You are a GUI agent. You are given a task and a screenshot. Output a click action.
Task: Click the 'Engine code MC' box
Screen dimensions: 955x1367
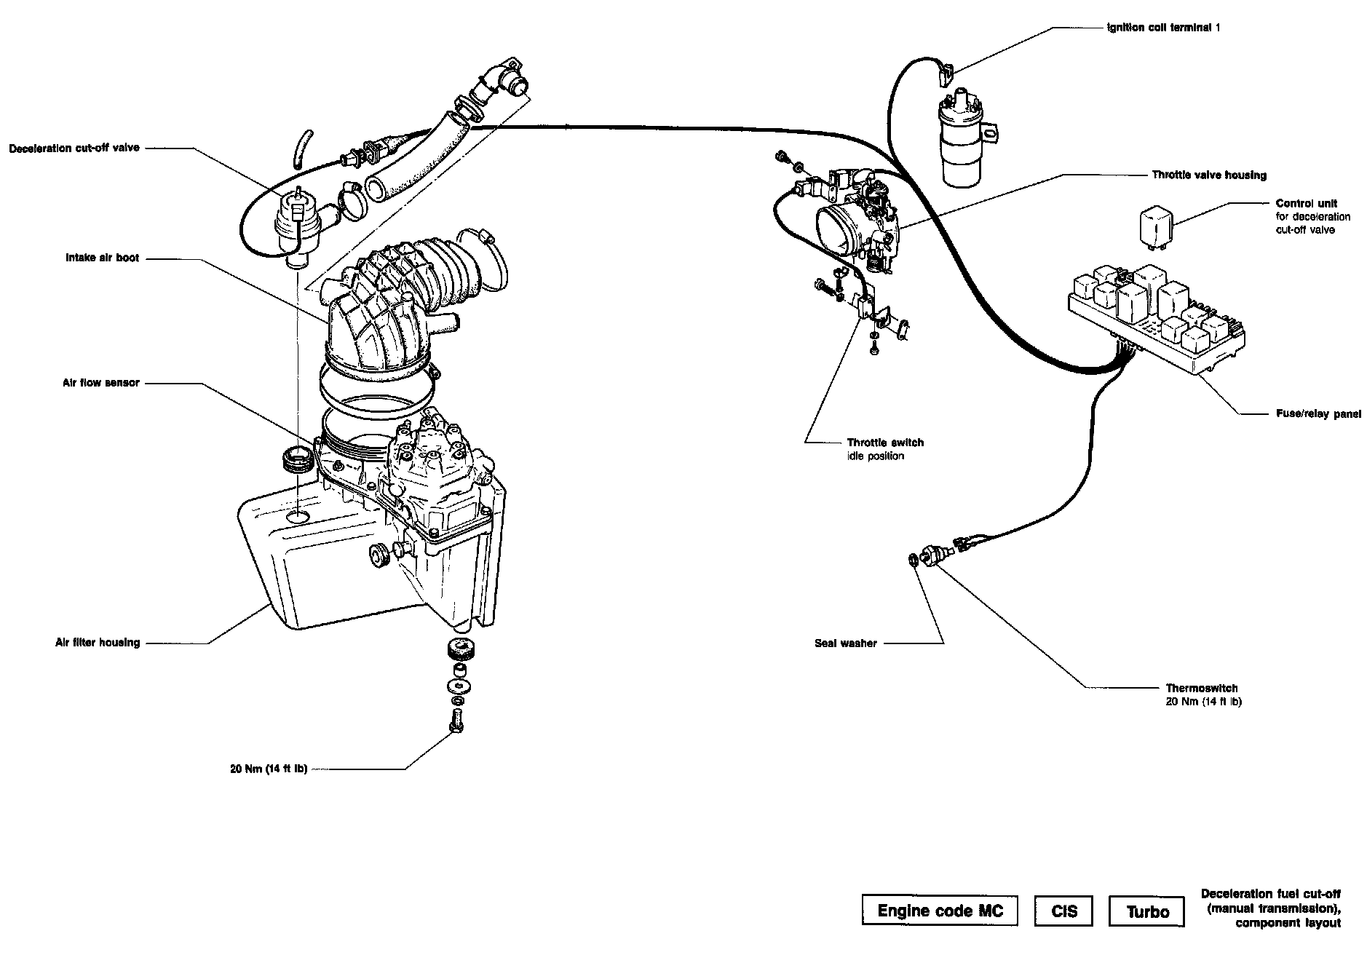[x=940, y=911]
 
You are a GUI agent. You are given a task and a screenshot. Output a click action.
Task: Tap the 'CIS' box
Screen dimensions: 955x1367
[x=1064, y=911]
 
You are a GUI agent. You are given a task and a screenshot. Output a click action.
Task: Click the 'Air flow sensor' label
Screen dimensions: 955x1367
[x=100, y=383]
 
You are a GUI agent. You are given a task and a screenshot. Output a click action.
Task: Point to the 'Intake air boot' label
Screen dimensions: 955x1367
[x=102, y=258]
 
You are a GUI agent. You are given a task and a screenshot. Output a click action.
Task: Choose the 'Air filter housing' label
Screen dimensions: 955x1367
[x=98, y=643]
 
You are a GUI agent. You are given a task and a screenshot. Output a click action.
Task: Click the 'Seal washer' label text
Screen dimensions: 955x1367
[x=846, y=643]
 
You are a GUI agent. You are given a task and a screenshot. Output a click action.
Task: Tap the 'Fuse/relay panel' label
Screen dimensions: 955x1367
[x=1318, y=414]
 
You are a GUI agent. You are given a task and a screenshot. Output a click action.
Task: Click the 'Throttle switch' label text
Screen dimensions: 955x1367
[x=885, y=443]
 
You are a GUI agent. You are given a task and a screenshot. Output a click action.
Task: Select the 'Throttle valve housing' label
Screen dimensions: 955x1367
[x=1209, y=175]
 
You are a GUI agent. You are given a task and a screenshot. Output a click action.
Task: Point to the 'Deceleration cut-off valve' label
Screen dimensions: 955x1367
[x=74, y=148]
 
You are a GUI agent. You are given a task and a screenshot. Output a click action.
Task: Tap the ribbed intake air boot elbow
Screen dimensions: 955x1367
[x=393, y=306]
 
